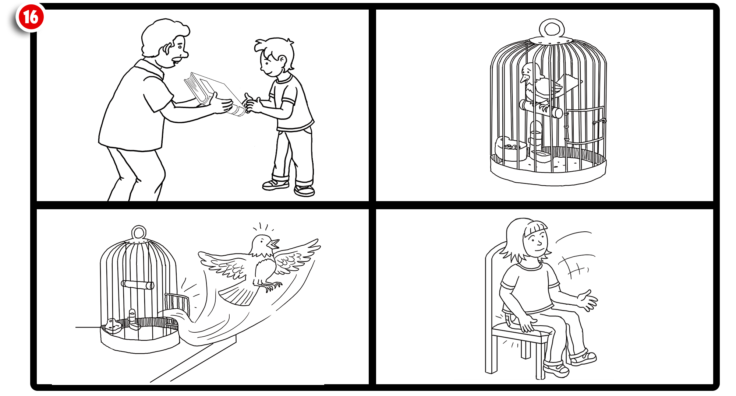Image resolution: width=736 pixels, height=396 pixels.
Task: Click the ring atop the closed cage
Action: click(551, 28)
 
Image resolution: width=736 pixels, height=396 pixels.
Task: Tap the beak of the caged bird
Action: click(524, 78)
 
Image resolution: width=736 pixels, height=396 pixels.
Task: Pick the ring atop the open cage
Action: click(139, 233)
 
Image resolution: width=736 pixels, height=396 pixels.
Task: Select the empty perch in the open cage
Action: click(138, 285)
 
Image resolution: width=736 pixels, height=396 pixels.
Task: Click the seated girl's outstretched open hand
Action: click(588, 300)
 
